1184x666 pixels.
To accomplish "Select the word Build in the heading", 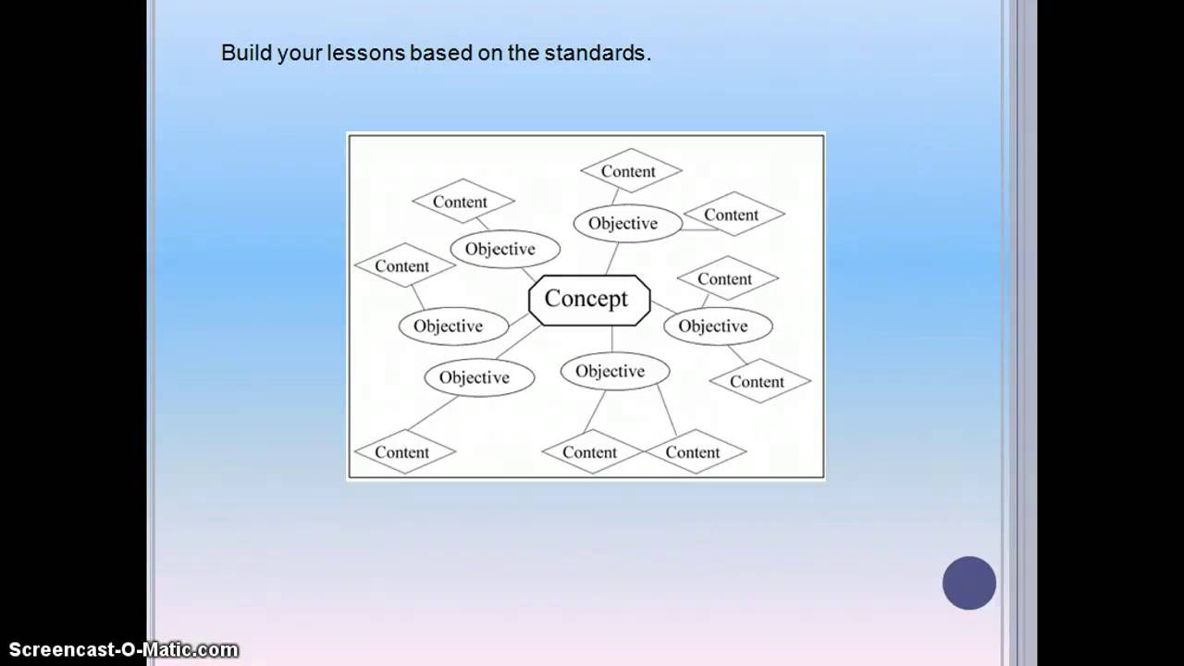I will [x=241, y=54].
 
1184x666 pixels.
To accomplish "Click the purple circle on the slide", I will [x=968, y=583].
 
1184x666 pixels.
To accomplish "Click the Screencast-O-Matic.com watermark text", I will [x=123, y=650].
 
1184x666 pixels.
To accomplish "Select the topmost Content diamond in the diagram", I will [x=630, y=171].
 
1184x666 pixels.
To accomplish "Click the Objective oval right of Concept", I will [x=717, y=326].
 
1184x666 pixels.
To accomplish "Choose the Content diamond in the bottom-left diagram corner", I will [x=403, y=452].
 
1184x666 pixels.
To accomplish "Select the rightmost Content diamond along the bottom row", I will [x=694, y=452].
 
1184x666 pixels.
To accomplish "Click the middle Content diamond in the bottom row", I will [x=591, y=452].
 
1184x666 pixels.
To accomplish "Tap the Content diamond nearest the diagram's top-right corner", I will [x=733, y=215].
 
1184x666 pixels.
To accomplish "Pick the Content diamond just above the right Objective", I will [x=726, y=278].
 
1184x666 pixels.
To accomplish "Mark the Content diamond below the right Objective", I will [x=758, y=381].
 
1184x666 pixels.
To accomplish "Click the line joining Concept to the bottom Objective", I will [x=611, y=339].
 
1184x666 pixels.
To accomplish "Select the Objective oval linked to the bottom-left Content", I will [x=478, y=377].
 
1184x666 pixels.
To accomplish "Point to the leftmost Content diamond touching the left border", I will [x=403, y=265].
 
